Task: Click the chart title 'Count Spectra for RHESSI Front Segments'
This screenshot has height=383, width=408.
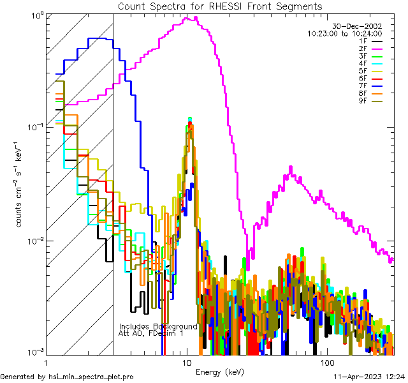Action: [220, 6]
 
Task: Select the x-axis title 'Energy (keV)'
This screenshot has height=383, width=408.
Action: [220, 372]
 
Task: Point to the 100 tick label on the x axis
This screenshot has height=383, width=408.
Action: [326, 362]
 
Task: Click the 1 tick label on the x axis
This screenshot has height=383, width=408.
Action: [45, 362]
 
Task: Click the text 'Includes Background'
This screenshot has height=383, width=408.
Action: [157, 326]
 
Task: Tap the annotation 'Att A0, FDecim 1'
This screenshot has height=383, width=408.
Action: [151, 333]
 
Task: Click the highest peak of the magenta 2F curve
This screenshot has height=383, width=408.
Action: [191, 17]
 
